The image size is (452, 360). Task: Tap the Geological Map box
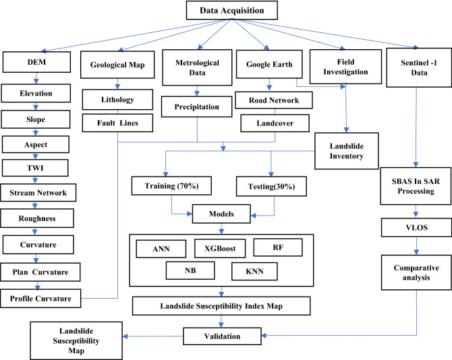[x=118, y=68]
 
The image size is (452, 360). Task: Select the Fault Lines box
[x=118, y=123]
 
